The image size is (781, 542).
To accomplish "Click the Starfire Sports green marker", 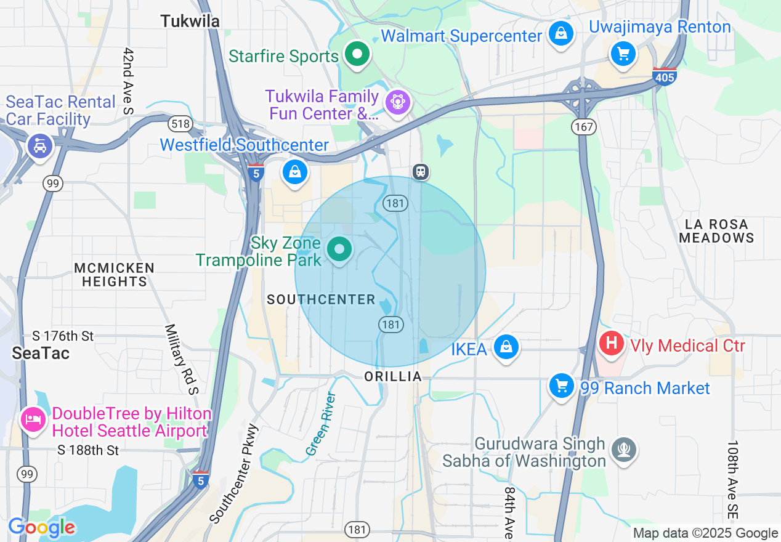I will point(356,55).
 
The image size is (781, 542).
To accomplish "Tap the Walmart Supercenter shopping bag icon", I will point(561,34).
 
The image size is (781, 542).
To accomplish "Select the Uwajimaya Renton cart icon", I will point(623,54).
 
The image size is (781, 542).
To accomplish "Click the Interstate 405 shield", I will point(665,76).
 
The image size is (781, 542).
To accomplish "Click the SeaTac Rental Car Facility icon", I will point(41,145).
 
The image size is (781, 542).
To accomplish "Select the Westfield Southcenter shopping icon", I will point(295,172).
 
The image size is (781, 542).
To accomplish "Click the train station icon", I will point(421,171).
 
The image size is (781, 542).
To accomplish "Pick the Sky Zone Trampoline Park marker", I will point(338,249).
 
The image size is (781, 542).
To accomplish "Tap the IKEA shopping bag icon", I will point(506,347).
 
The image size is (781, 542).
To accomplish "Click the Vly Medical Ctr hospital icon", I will point(612,342).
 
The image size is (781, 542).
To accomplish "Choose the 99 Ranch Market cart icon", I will point(561,386).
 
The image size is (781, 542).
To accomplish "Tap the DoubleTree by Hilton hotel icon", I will point(33,419).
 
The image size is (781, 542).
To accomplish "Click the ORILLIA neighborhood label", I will point(393,376).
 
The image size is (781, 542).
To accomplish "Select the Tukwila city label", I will point(190,21).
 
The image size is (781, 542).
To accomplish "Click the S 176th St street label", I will point(63,336).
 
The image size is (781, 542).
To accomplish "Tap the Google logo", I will point(41,527).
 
